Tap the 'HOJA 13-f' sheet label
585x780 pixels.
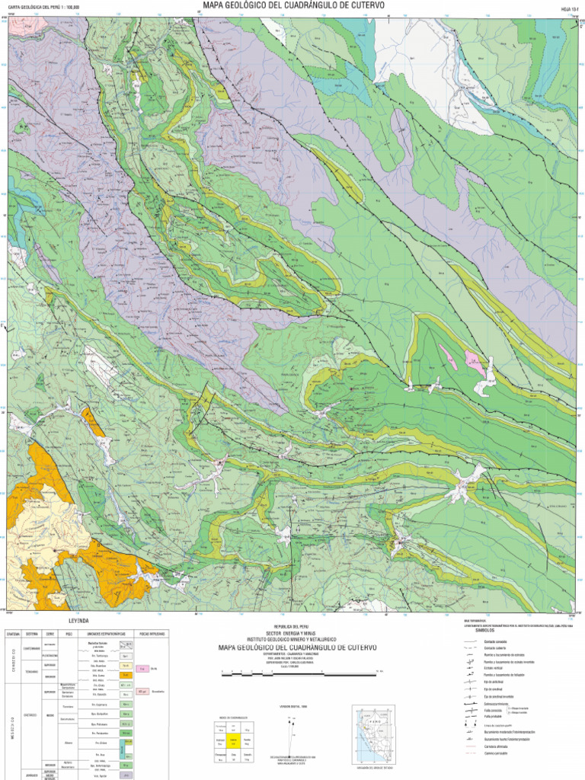coord(570,10)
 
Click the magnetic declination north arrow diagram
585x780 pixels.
coord(293,731)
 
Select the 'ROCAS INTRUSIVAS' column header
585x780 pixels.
coord(151,634)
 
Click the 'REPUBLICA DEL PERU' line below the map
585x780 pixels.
coord(292,626)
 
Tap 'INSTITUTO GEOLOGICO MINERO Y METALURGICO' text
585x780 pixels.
coord(292,639)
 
